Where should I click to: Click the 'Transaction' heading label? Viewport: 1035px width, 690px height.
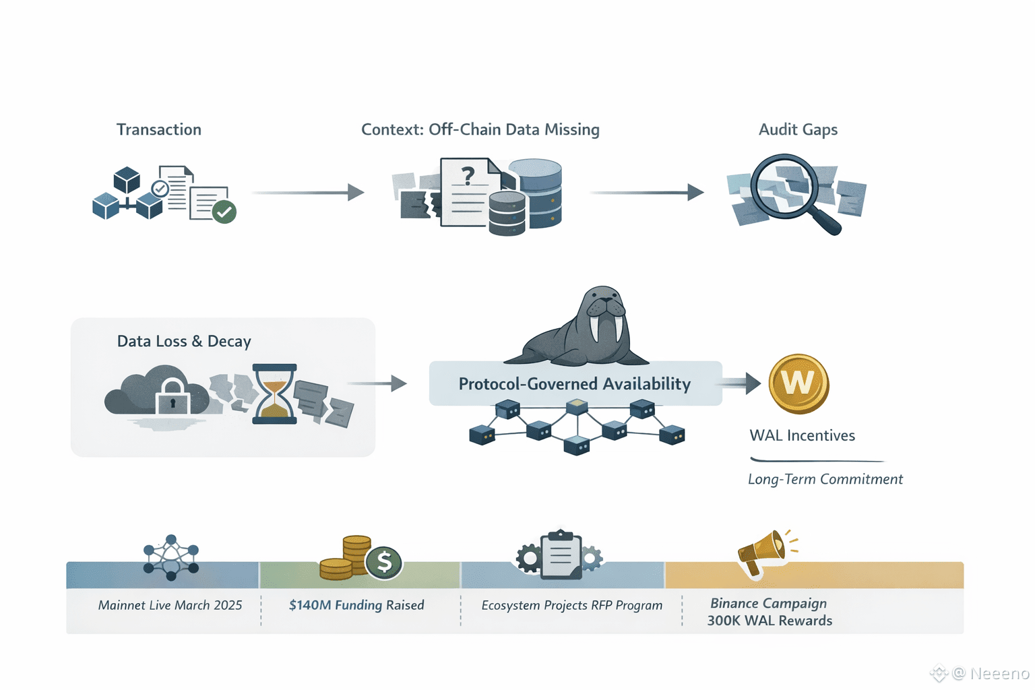(158, 129)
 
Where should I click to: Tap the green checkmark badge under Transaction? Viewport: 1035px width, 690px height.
(224, 212)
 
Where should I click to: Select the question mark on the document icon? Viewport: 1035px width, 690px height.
(468, 176)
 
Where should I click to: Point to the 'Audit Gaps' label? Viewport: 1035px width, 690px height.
(798, 129)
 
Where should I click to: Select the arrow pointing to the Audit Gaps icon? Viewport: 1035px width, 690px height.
(646, 193)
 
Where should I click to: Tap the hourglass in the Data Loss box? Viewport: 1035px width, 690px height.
(274, 394)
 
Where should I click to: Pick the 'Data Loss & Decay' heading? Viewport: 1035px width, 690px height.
(184, 341)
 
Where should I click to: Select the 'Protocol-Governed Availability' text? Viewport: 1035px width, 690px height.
(575, 384)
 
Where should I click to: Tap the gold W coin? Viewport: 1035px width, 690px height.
(798, 383)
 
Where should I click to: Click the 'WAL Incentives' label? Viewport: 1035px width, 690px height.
(802, 435)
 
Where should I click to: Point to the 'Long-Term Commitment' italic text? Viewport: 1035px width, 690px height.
(825, 479)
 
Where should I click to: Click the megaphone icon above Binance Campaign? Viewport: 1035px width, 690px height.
(763, 551)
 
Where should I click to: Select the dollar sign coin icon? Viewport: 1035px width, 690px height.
(384, 561)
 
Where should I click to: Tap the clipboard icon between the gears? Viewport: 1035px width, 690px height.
(560, 555)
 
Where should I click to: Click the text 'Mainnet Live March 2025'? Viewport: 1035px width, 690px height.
(170, 605)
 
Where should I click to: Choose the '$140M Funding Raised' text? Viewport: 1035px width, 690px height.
(356, 605)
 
